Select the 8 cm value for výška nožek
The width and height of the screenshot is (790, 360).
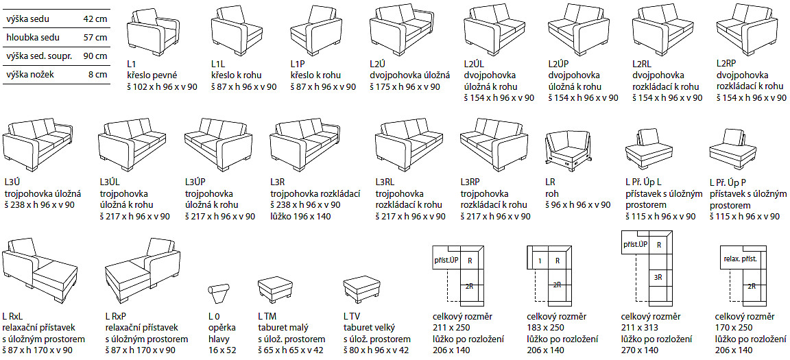98,73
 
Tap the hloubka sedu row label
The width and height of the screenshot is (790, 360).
33,38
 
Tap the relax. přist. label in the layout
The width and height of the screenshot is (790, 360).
740,260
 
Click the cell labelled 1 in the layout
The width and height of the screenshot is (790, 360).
540,261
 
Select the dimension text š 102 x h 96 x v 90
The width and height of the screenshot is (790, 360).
163,86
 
